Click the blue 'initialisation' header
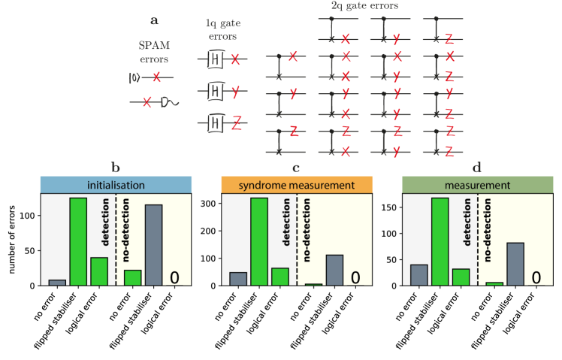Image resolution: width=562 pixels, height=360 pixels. pyautogui.click(x=116, y=185)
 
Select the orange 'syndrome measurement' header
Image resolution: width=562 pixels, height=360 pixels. pyautogui.click(x=297, y=185)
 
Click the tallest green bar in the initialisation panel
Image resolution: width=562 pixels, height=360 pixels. pyautogui.click(x=78, y=241)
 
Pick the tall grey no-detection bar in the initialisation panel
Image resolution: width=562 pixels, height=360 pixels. pyautogui.click(x=153, y=245)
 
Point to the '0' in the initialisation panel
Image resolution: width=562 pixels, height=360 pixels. pyautogui.click(x=174, y=277)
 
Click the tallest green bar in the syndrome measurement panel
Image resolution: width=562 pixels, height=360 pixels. pyautogui.click(x=259, y=241)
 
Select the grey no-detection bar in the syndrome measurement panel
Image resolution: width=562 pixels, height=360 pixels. pyautogui.click(x=334, y=270)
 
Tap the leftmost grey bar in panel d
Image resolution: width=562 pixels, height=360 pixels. pyautogui.click(x=419, y=275)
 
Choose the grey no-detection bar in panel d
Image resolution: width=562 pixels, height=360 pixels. pyautogui.click(x=515, y=264)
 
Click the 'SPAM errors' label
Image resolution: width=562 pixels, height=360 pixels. pyautogui.click(x=156, y=53)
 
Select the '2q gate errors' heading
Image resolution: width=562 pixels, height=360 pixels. pyautogui.click(x=364, y=6)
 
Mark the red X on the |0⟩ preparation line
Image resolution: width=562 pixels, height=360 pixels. pyautogui.click(x=156, y=77)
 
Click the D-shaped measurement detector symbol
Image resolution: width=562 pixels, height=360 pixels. pyautogui.click(x=165, y=101)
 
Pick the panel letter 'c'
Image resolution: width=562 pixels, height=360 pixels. pyautogui.click(x=296, y=168)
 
